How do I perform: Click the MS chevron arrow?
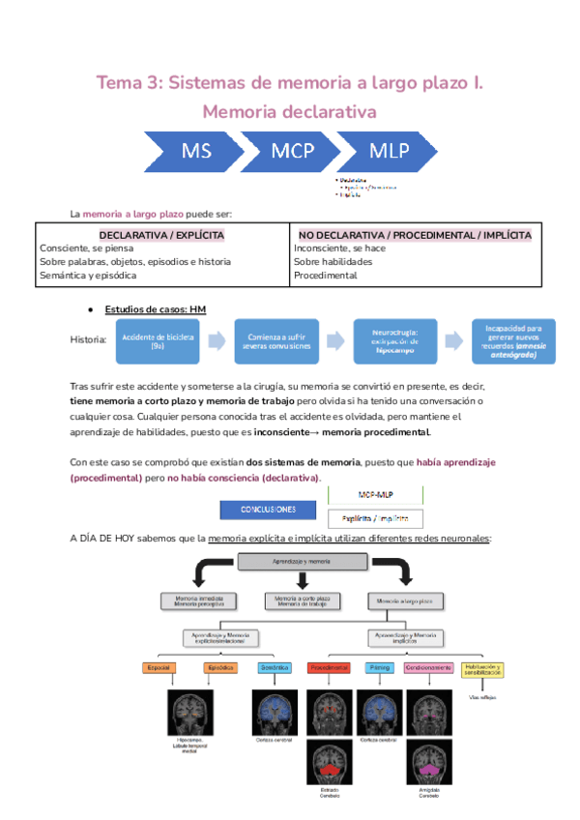click(197, 151)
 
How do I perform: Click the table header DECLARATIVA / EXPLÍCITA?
click(161, 235)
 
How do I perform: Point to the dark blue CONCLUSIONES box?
click(270, 510)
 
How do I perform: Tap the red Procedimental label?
click(329, 667)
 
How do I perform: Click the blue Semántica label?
click(275, 667)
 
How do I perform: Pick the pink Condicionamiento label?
click(428, 667)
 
